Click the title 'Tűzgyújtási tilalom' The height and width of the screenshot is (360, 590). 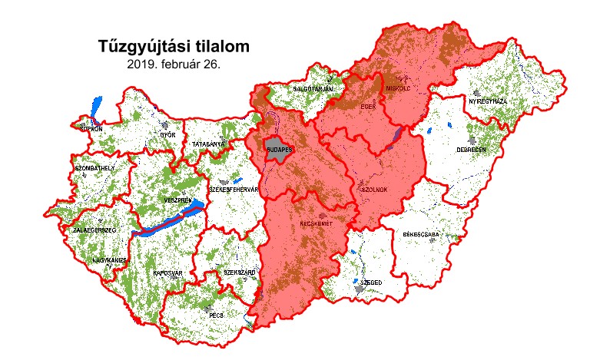tap(174, 47)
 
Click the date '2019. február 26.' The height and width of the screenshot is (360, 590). tap(174, 64)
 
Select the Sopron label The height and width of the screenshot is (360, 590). tap(91, 128)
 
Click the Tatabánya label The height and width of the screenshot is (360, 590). tap(208, 144)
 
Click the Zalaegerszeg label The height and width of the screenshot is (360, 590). tap(94, 230)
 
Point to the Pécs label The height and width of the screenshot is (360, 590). tap(216, 315)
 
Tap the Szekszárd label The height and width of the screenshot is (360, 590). tap(239, 272)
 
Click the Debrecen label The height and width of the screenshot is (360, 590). tap(471, 150)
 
